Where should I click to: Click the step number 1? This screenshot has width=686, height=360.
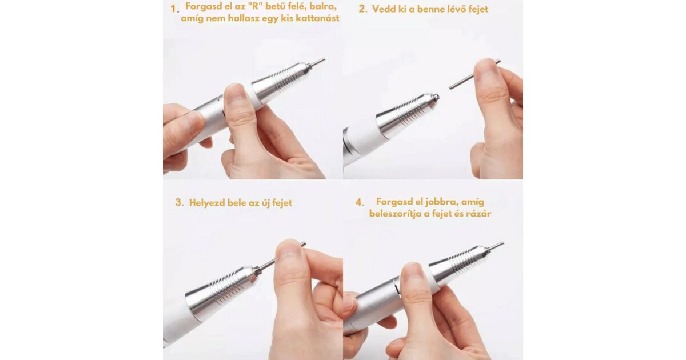tap(174, 9)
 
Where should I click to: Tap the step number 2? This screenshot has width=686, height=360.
tap(363, 9)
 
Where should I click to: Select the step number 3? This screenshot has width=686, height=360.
tap(180, 203)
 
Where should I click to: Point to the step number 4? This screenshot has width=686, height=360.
tap(360, 203)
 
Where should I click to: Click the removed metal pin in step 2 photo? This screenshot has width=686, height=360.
tap(474, 74)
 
